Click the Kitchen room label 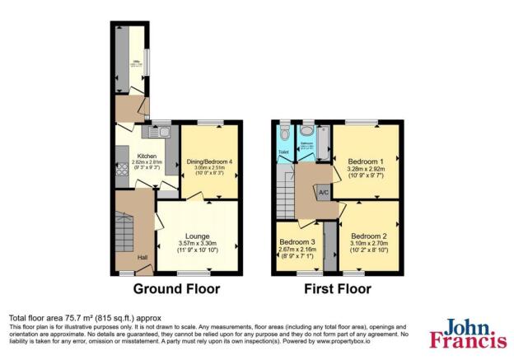[x=147, y=156]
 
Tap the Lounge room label [x=196, y=236]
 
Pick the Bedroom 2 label [x=368, y=236]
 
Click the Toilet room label [x=283, y=152]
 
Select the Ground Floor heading [x=177, y=289]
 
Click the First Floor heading [x=337, y=289]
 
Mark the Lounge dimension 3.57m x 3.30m [x=197, y=245]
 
